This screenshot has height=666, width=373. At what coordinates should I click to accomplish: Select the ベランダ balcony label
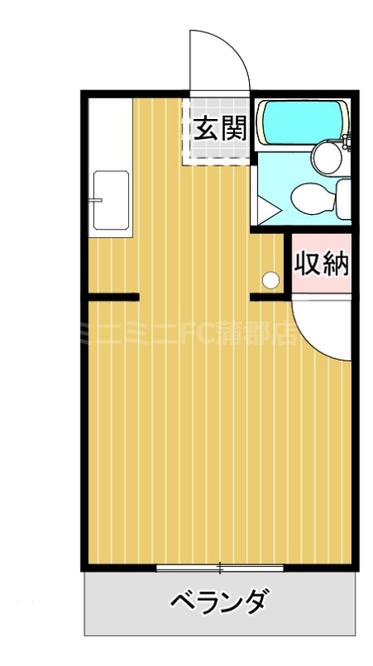tap(220, 600)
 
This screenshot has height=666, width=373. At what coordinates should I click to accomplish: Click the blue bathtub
tap(297, 122)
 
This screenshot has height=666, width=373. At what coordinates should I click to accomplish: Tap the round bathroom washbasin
tap(323, 155)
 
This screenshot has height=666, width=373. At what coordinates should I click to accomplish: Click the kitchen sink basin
tap(111, 200)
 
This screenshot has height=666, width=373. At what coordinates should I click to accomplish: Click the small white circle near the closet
tap(270, 280)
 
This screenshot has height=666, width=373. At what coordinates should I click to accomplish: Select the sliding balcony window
tap(220, 569)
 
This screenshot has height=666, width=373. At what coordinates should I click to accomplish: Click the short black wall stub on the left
tap(113, 296)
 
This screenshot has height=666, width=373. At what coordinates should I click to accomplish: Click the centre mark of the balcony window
tap(220, 569)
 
